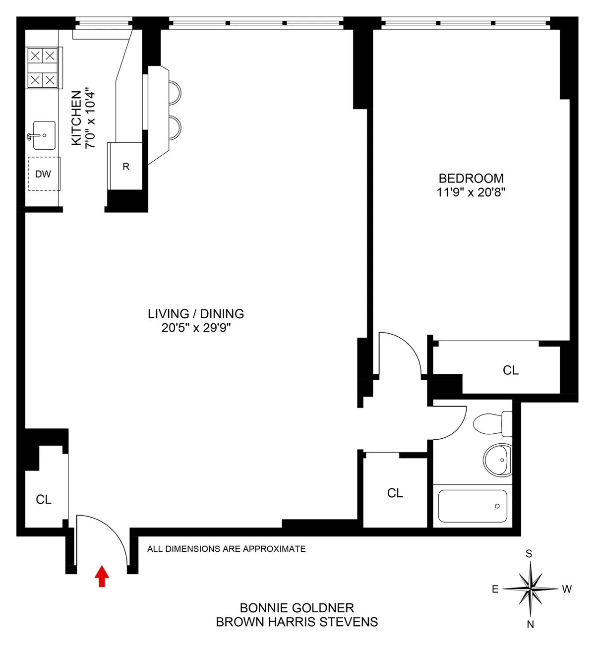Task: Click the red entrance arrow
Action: point(102,576)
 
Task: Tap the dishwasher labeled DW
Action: point(44,174)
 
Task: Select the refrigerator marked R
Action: point(126,167)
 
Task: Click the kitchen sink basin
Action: point(44,135)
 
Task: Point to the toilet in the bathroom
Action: point(491,424)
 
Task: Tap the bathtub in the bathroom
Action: point(473,506)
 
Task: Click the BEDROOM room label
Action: point(471,178)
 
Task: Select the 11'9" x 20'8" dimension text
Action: point(471,192)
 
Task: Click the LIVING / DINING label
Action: point(196,314)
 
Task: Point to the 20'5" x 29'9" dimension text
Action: point(196,328)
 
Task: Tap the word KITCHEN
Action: point(76,118)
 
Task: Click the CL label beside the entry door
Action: point(44,499)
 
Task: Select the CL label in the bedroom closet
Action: point(511,370)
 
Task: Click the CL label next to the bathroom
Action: point(395,493)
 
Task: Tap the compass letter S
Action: point(529,554)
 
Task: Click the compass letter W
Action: point(567,589)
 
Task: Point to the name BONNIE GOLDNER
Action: point(297,608)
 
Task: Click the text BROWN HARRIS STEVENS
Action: point(297,622)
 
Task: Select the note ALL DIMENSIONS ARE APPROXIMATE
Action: point(227,549)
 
